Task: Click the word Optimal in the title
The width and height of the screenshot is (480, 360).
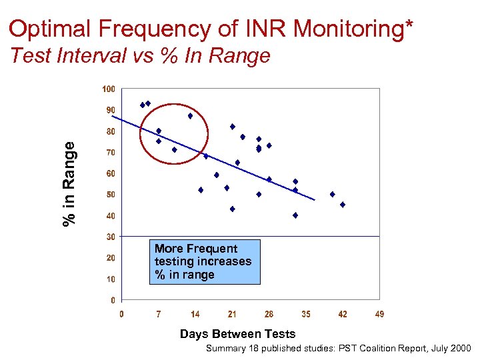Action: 51,29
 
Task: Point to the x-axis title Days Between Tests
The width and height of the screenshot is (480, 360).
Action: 237,334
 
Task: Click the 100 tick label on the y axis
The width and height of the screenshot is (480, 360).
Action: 108,89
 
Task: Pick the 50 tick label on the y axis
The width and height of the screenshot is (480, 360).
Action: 109,195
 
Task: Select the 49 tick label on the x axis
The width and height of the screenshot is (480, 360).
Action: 379,314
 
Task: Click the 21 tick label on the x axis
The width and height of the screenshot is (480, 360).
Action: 232,314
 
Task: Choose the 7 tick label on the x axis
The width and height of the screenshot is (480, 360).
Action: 158,314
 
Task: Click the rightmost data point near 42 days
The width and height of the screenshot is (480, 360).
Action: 343,205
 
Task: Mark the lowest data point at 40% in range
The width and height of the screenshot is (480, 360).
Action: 295,215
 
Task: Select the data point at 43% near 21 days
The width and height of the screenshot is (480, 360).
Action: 233,209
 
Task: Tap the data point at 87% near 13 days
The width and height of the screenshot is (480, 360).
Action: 190,116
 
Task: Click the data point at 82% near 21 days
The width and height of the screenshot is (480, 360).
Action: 233,127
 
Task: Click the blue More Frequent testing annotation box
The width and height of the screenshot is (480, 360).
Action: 204,261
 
